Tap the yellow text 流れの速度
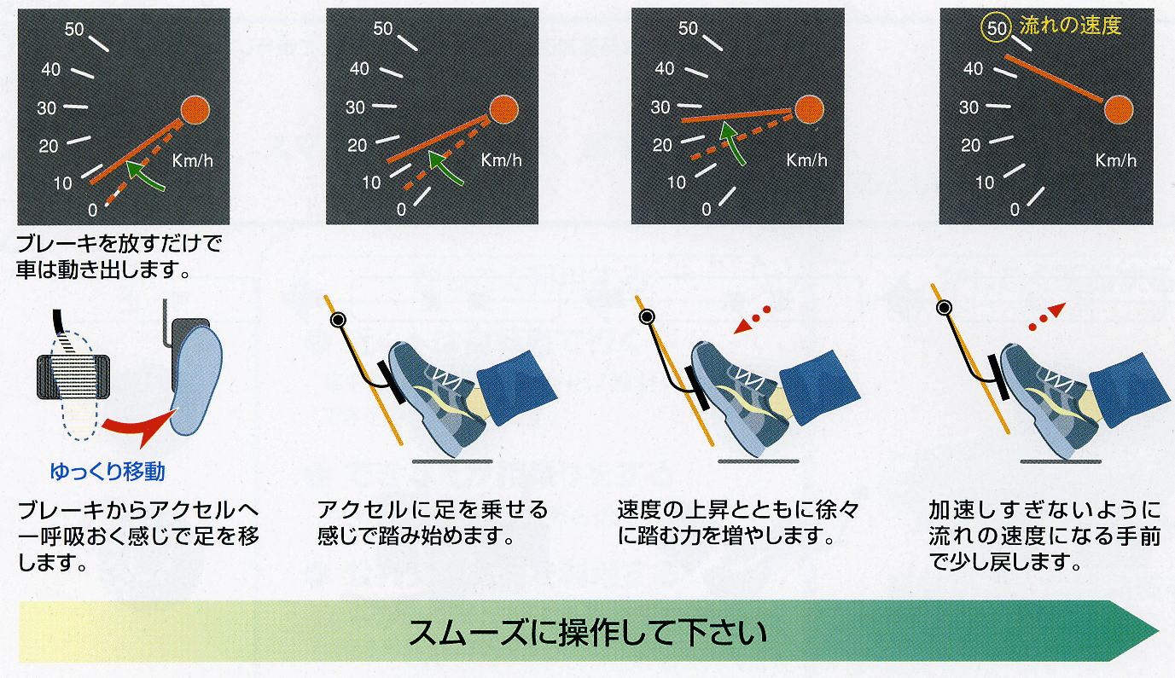[1070, 26]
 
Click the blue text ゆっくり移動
[108, 472]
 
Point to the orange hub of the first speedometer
[195, 110]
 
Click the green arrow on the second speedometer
[445, 168]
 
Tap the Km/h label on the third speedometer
[806, 160]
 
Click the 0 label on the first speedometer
[92, 211]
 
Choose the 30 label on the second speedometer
[355, 107]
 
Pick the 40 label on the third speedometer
[664, 68]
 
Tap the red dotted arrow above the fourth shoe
[1047, 316]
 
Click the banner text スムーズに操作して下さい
[587, 633]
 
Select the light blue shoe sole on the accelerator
[196, 380]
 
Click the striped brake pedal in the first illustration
[73, 376]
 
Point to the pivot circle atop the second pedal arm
[338, 319]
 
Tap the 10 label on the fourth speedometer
[985, 183]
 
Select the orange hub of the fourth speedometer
[1119, 110]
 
